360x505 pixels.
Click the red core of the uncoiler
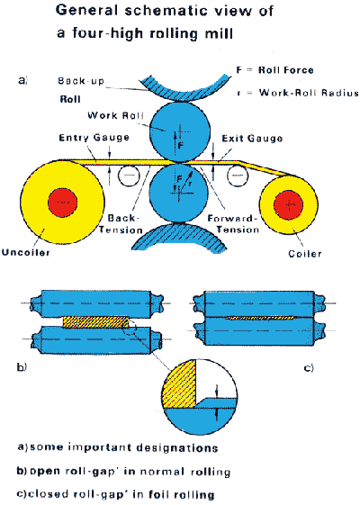pyautogui.click(x=62, y=203)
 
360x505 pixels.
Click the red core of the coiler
pyautogui.click(x=289, y=205)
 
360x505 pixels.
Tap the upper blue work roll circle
pyautogui.click(x=180, y=132)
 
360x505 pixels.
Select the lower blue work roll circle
pyautogui.click(x=179, y=193)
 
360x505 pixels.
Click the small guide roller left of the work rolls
pyautogui.click(x=129, y=176)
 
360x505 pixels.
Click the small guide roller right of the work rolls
pyautogui.click(x=238, y=176)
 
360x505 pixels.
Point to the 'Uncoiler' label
pyautogui.click(x=26, y=252)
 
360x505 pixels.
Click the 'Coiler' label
pyautogui.click(x=305, y=254)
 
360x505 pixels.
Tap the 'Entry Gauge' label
pyautogui.click(x=94, y=138)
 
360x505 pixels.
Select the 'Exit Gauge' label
pyautogui.click(x=252, y=139)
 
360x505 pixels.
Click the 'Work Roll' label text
pyautogui.click(x=115, y=115)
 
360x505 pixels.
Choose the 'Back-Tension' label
pyautogui.click(x=121, y=224)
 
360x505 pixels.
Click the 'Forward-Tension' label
pyautogui.click(x=232, y=224)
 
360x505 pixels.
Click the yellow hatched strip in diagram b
pyautogui.click(x=95, y=322)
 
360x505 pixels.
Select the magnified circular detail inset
pyautogui.click(x=200, y=397)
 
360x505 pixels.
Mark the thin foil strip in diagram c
pyautogui.click(x=260, y=318)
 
